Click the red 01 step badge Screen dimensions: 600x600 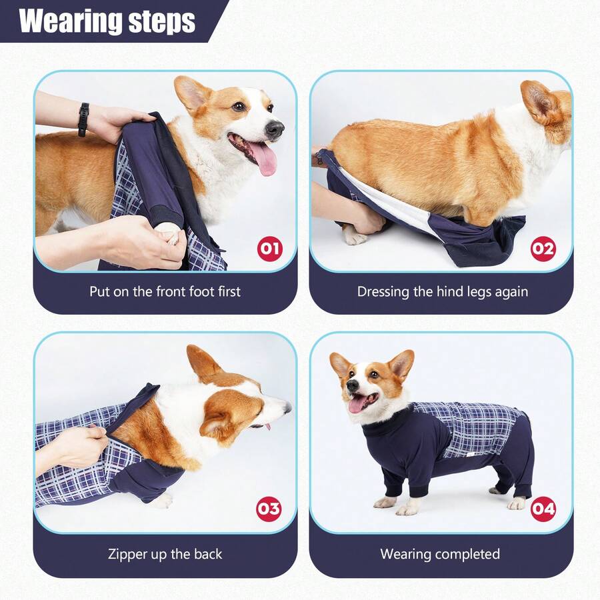[x=269, y=249]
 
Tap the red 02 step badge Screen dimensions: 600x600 [x=543, y=249]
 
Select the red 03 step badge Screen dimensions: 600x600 [x=269, y=509]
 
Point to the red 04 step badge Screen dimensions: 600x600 [x=543, y=509]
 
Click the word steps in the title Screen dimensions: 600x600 [x=163, y=22]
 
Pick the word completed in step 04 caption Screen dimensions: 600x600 [x=466, y=554]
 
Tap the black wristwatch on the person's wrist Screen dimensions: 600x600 [x=83, y=119]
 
